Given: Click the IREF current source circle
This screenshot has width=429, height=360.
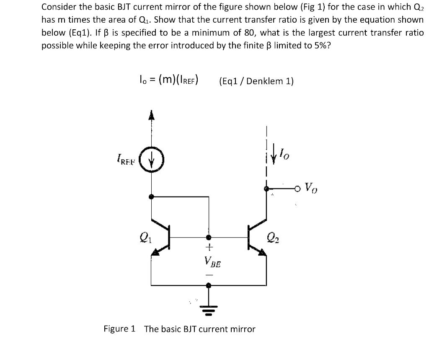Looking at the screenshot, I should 151,160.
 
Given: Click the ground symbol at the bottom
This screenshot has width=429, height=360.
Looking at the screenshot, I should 208,311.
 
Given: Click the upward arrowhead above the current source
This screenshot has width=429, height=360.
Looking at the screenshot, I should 151,115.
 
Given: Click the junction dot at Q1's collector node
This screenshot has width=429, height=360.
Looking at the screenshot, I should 151,196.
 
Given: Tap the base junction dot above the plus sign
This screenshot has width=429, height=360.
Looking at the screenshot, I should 208,237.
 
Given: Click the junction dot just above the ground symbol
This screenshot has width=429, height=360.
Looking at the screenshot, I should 208,285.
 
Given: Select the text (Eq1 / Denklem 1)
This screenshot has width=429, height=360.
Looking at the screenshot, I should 256,81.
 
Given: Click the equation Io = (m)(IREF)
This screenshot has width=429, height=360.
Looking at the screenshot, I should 168,80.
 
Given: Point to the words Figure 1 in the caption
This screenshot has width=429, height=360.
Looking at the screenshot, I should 119,329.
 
